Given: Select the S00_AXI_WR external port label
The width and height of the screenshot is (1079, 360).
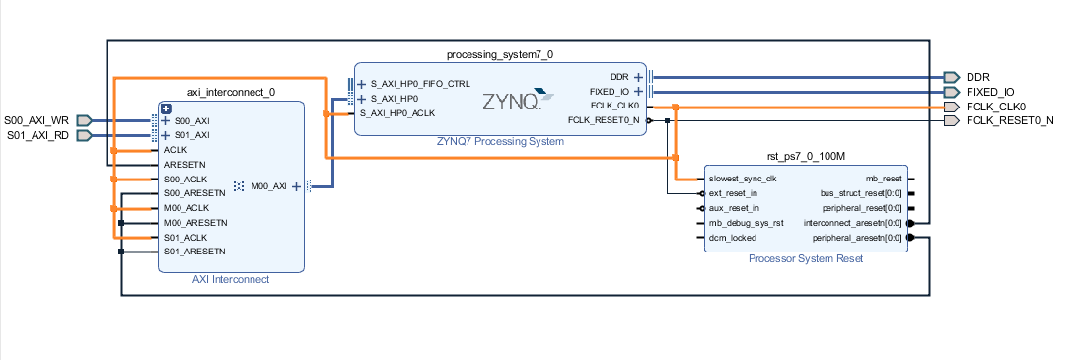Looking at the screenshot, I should point(36,120).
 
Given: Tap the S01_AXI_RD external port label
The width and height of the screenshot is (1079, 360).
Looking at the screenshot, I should point(36,135).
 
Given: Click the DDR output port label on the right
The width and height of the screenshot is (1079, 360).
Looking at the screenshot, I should point(977,76).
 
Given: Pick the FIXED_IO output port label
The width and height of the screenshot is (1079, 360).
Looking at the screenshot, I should point(989,91).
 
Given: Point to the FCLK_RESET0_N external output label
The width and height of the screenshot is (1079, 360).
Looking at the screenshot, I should point(1010,120).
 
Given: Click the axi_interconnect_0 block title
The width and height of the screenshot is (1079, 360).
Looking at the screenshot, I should point(231,92).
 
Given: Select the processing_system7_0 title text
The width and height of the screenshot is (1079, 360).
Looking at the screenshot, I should point(507,54).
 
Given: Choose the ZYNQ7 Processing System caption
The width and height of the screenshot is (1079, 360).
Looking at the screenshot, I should point(500,141).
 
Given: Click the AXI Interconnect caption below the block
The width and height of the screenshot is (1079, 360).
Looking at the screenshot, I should point(231,279).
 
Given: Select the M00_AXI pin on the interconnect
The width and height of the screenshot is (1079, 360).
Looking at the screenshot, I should point(269,185).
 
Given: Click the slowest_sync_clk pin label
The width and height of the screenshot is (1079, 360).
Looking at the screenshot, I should point(743,179).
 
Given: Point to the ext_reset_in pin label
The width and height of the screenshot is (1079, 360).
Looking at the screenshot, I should point(734,193).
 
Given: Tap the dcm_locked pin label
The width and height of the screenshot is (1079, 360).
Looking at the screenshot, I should point(731,238).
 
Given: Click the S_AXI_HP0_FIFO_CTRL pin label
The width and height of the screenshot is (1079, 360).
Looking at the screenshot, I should point(420,84).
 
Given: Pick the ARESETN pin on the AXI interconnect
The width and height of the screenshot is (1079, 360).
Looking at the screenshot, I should point(185,165).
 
